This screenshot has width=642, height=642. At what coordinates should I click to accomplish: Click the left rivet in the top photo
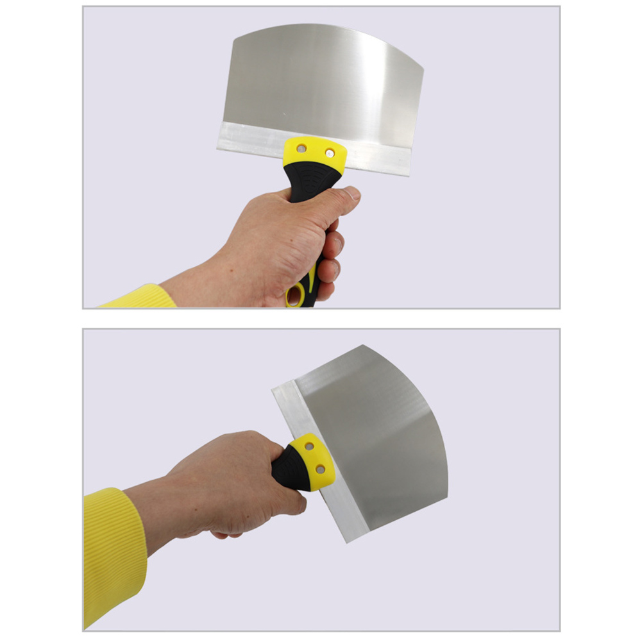coord(302,148)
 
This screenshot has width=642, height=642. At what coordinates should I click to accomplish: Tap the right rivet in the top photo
coord(330,153)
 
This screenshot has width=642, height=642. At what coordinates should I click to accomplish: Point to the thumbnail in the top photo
coord(351,192)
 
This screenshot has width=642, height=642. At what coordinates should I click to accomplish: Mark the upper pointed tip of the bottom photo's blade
coord(363,346)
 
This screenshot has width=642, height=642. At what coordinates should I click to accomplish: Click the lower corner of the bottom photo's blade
coord(350,541)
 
